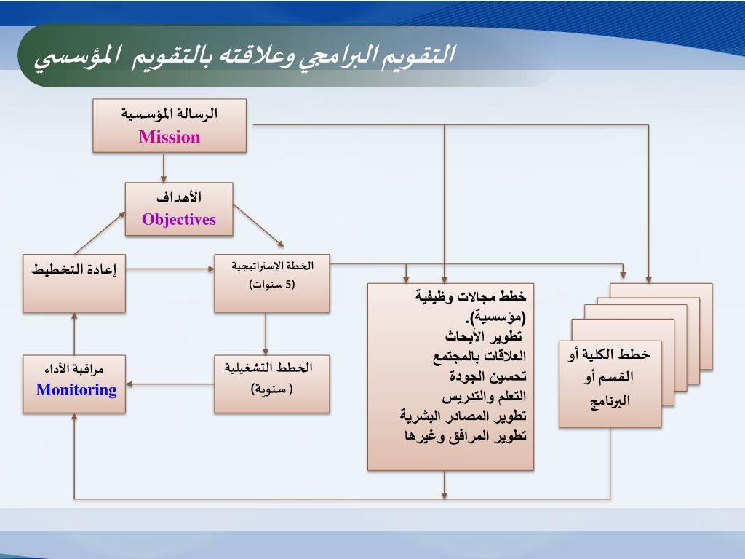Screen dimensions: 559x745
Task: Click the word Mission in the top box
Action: click(170, 137)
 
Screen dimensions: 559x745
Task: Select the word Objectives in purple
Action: click(179, 219)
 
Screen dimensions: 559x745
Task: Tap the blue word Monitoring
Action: click(76, 389)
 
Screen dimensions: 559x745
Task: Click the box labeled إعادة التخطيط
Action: click(74, 282)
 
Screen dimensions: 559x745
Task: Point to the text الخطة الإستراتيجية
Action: click(272, 266)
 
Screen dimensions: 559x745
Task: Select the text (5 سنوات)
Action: click(272, 284)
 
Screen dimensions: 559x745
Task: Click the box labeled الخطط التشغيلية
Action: click(272, 384)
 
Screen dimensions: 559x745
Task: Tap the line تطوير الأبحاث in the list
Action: click(485, 336)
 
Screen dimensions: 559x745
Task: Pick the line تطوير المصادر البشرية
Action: click(463, 416)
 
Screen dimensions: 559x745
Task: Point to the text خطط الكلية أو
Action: click(609, 354)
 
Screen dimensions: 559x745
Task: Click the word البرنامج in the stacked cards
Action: click(610, 400)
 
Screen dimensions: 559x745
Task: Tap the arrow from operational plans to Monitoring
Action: click(170, 384)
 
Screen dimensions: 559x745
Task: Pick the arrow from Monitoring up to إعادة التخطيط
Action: click(74, 333)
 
